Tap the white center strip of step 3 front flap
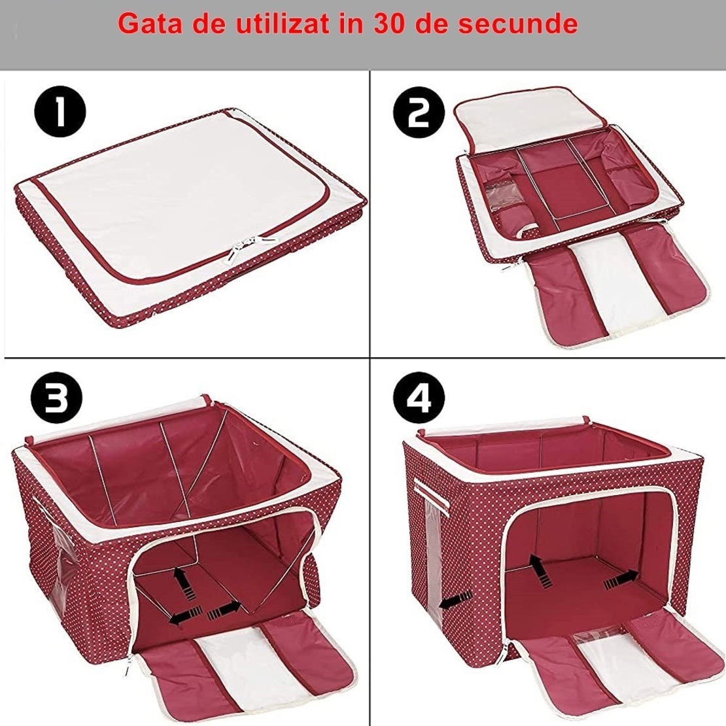[x=230, y=674]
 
